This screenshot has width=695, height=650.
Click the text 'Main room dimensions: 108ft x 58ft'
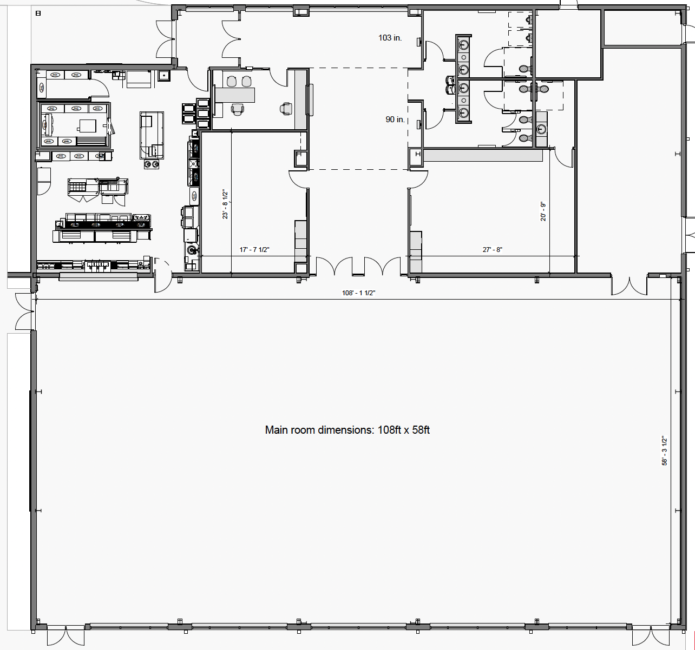point(347,430)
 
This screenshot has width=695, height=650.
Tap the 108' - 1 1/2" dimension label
point(358,293)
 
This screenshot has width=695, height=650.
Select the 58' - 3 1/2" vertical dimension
point(664,450)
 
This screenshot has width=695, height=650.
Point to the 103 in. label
point(390,38)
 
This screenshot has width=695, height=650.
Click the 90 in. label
point(395,120)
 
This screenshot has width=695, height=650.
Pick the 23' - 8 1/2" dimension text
point(225,204)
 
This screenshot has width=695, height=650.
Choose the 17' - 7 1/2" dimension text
point(254,250)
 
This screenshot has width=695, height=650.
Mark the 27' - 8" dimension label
point(493,250)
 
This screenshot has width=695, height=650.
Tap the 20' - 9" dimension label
point(543,211)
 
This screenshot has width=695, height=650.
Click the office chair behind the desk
point(238,109)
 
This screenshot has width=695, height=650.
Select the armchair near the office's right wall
point(286,109)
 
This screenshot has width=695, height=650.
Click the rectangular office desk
point(235,95)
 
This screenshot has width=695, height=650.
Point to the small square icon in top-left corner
point(38,14)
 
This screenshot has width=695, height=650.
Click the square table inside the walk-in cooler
point(88,125)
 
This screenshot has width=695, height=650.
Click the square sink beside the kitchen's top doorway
point(164,76)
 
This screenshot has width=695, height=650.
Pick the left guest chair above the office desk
point(232,81)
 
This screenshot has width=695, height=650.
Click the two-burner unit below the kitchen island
point(152,164)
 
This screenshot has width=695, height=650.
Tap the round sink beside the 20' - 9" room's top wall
point(541,129)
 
